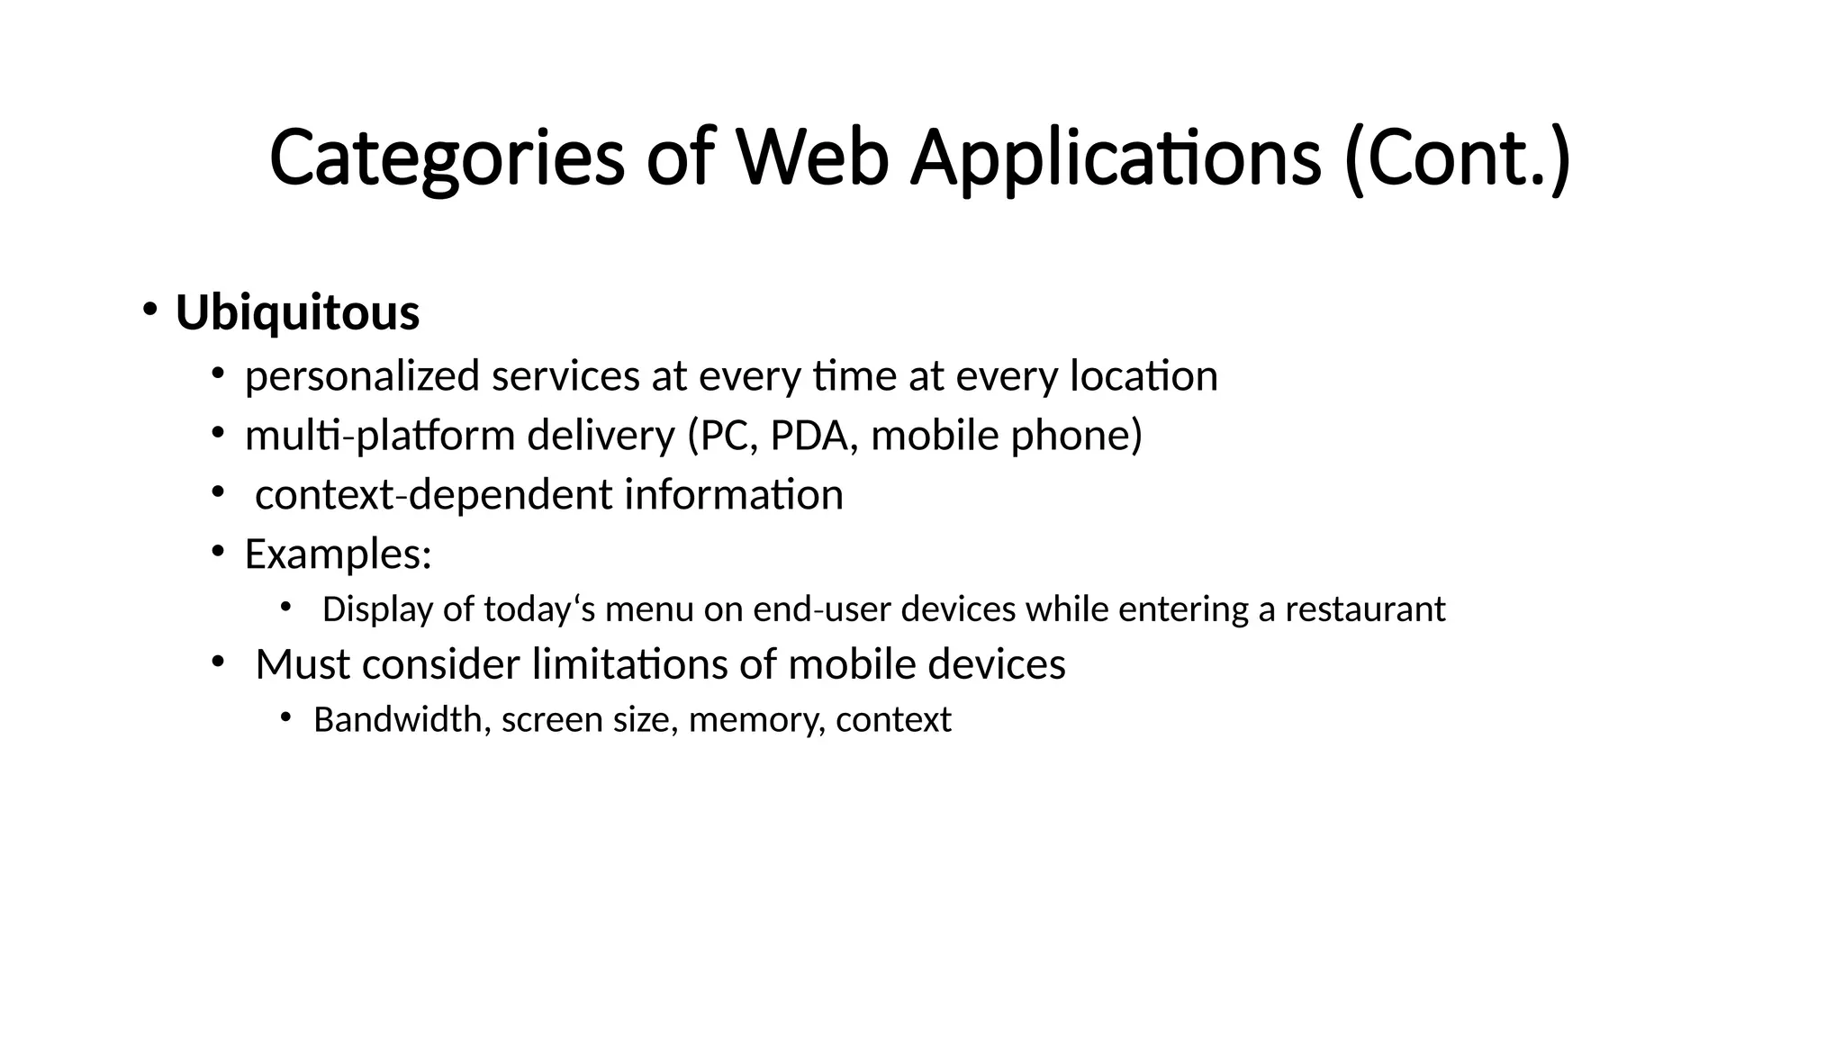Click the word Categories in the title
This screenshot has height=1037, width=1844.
coord(447,158)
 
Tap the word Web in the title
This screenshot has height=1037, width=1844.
coord(812,158)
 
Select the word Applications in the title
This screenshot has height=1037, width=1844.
coord(1116,158)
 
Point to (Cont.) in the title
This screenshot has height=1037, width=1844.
coord(1457,158)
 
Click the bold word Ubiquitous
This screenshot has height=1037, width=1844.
coord(297,313)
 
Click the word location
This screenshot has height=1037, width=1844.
coord(1143,376)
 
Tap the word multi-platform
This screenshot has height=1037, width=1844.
coord(379,436)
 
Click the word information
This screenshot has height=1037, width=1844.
coord(733,495)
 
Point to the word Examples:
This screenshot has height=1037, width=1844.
coord(338,555)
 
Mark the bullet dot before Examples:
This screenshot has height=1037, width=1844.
coord(217,551)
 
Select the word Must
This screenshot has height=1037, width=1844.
coord(303,665)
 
